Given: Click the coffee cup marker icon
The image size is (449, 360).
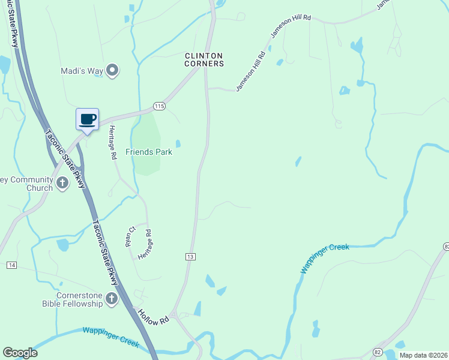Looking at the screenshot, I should coord(88,118).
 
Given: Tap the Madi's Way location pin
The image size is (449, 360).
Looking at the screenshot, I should coord(112,71).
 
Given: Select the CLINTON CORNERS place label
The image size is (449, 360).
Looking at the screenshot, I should coord(204,59).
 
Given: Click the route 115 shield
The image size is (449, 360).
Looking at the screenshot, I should coord(158,106).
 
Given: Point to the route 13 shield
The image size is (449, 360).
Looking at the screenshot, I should coord(190,256).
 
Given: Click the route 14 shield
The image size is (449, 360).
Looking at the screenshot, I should coord(11,265).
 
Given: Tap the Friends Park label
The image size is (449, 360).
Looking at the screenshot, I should coord(149,152).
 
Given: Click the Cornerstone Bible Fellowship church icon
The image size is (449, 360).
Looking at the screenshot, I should coord(111,298).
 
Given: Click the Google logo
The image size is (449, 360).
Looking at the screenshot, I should coord(20,353).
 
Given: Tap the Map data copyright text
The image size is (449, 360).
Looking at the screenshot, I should coord(424,355).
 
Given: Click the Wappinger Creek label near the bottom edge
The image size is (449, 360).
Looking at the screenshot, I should coord(111,337).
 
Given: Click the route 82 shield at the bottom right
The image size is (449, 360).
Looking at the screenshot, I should coord(377,350).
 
